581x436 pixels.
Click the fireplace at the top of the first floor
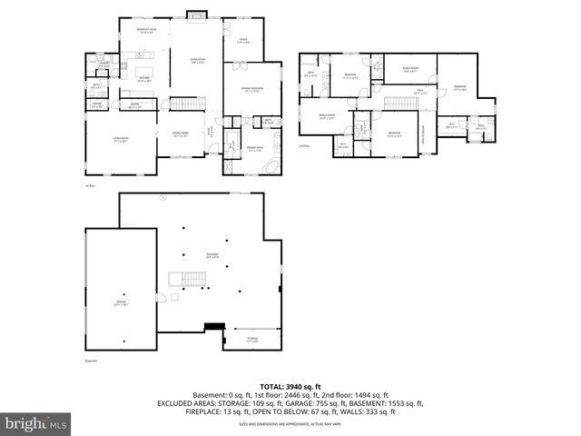195,15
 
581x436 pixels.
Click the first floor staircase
184,104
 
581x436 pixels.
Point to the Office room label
243,41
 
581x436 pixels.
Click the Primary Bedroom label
251,89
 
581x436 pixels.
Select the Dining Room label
181,134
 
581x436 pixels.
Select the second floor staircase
399,103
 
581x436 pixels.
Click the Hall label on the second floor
419,90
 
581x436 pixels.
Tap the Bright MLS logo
36,423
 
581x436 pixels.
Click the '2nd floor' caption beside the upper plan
303,144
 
